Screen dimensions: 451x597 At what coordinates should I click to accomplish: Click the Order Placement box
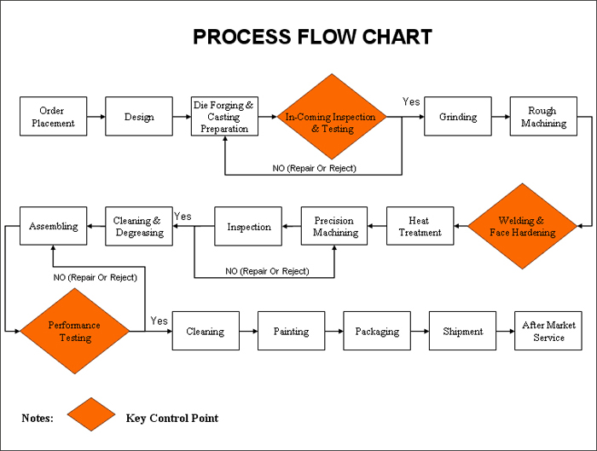click(53, 117)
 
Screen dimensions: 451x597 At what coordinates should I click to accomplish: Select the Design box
click(139, 117)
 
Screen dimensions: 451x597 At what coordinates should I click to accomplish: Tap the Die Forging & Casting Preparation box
click(224, 117)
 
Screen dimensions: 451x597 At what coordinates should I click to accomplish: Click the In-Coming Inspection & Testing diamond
click(330, 117)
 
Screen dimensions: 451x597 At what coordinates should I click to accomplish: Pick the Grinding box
click(458, 117)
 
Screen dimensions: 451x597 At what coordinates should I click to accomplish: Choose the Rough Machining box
click(543, 117)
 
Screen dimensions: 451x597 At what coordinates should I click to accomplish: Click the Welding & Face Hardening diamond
click(522, 227)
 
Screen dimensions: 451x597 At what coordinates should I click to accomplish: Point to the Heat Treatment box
click(420, 227)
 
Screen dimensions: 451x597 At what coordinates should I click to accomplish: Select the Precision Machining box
click(334, 227)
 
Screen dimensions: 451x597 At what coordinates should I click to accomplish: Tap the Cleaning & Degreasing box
click(139, 227)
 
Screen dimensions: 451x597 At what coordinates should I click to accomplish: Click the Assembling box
click(53, 227)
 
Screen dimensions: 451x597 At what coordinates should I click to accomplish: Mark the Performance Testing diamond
click(74, 331)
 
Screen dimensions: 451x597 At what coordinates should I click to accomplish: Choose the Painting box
click(291, 331)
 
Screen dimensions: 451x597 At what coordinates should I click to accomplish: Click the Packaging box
click(377, 331)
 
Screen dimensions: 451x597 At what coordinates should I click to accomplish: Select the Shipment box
click(462, 331)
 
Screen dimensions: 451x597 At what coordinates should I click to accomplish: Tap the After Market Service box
click(548, 331)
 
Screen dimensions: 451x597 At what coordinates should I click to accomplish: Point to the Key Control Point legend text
click(171, 418)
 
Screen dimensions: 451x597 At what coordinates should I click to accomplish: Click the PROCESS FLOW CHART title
click(312, 37)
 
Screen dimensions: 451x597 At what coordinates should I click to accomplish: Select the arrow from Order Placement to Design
click(96, 117)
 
